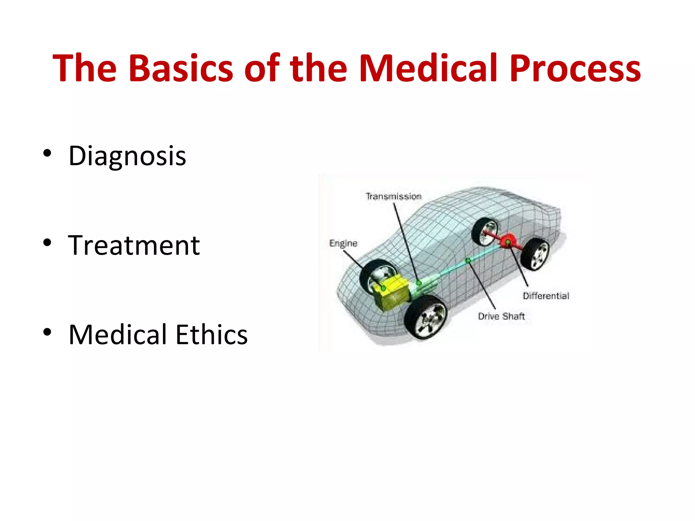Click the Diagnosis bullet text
(127, 156)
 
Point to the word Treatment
(134, 246)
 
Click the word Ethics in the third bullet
(211, 335)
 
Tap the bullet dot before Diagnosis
(47, 153)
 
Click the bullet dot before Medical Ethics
(47, 332)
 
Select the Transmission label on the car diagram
(393, 196)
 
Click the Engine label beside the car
(343, 244)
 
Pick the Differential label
(546, 296)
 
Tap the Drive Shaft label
(501, 316)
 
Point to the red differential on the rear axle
(508, 242)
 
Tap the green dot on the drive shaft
(468, 260)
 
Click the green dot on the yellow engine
(383, 288)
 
